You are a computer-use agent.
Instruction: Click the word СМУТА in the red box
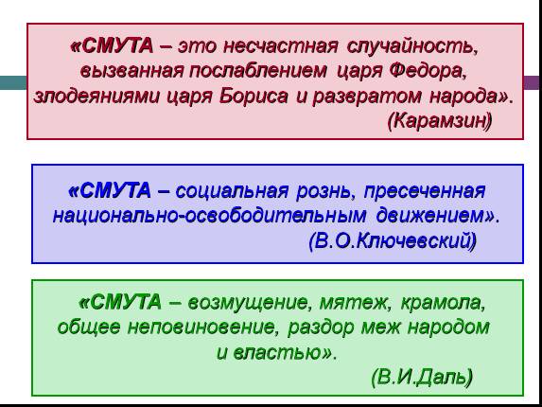point(118,46)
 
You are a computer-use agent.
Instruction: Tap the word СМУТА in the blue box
point(115,190)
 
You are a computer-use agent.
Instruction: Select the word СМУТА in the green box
point(126,302)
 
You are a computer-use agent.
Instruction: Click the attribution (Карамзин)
point(440,121)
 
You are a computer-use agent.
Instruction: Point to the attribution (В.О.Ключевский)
point(393,240)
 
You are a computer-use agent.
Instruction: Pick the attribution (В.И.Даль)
point(422,377)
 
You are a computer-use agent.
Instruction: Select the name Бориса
point(254,97)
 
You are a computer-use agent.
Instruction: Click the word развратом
point(367,97)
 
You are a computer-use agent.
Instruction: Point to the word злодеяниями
point(96,97)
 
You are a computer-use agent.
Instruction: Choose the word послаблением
point(258,71)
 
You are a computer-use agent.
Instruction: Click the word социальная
point(232,191)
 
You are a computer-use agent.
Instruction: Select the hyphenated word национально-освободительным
point(209,216)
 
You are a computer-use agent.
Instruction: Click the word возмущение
point(248,303)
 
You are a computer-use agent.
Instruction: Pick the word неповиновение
point(201,327)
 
